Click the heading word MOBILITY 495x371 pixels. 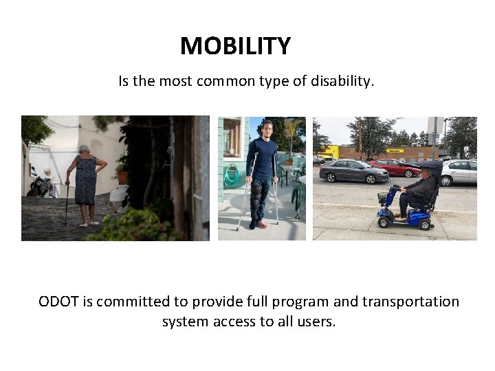tap(235, 47)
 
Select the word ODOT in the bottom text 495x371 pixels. tap(58, 302)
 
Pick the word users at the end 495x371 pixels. tap(316, 322)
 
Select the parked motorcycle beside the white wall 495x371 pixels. tap(41, 184)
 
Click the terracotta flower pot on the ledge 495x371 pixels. tap(122, 177)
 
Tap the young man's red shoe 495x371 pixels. tap(262, 224)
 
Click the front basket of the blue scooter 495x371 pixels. tap(383, 199)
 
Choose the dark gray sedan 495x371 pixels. tap(353, 171)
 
